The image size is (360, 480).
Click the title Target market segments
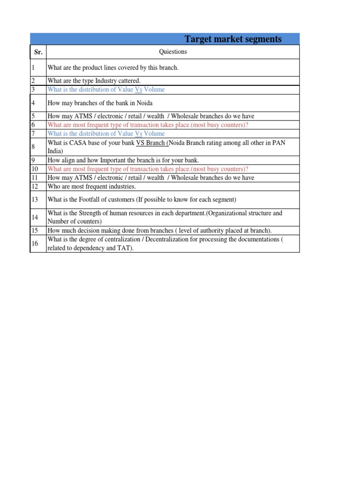(233, 39)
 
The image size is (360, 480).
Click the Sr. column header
(38, 52)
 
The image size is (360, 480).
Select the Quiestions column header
(173, 52)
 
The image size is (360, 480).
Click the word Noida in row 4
(143, 103)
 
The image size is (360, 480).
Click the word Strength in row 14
(94, 213)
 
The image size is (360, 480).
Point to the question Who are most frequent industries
(92, 187)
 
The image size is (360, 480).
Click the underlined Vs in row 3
(138, 90)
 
